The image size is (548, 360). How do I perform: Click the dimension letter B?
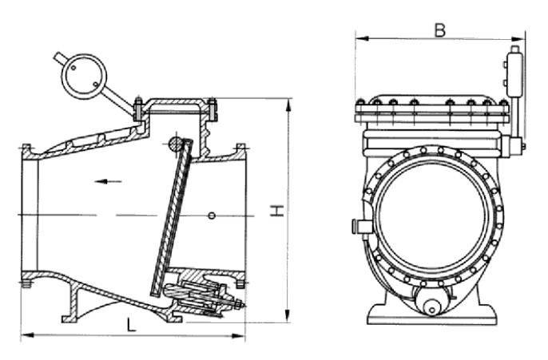coord(439,30)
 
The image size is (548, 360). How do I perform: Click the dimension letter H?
coord(276,211)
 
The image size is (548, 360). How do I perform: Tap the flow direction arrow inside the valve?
coord(108,181)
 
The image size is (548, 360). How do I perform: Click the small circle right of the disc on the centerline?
coord(212,216)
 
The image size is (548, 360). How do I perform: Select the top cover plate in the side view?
coord(175,101)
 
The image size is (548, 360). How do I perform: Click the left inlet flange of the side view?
coord(26,216)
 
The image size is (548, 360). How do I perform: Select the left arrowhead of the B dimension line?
coord(358,38)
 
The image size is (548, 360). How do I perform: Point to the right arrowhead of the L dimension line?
coord(243,334)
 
